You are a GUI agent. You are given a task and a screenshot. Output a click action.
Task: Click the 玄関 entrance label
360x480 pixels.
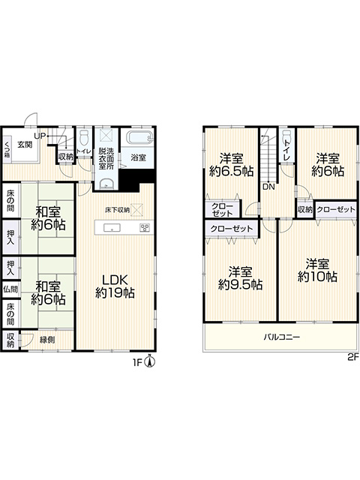coord(25,144)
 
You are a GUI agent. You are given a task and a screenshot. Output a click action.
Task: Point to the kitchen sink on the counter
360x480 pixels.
coord(112,228)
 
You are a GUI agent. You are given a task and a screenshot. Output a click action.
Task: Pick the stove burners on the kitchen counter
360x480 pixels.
coord(145,228)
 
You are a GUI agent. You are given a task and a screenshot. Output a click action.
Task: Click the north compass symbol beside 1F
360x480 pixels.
coord(150,361)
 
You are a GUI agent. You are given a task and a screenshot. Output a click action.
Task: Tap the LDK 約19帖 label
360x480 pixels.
coord(115,286)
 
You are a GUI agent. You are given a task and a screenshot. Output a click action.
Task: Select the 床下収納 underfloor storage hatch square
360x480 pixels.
coord(136,210)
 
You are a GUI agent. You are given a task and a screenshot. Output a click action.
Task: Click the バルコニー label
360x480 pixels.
coord(282,337)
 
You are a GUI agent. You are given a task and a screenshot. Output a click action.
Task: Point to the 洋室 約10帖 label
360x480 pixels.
coord(317,270)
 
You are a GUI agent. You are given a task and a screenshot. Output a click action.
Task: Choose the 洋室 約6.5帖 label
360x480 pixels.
coord(232,165)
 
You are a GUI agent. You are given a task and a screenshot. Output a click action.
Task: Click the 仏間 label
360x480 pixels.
coord(10,289)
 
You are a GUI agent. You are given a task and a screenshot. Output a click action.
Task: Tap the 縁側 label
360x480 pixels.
coord(47,339)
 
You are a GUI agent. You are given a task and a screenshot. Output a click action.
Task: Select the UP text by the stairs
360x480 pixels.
coord(40,136)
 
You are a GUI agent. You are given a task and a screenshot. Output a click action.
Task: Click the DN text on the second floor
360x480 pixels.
coord(268,187)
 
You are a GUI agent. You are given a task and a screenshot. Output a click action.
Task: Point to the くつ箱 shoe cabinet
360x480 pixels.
coord(7,150)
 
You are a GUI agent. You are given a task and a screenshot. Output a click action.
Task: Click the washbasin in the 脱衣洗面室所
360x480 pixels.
coord(106,184)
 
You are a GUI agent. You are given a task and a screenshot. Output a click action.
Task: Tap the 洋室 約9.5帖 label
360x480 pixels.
coord(240,278)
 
